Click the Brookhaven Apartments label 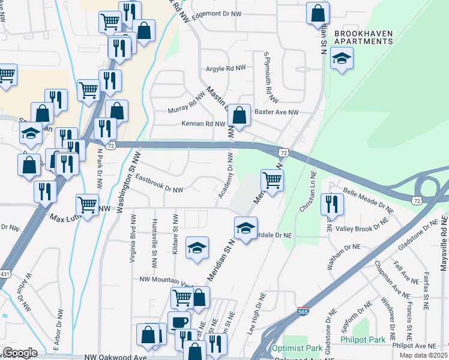click(x=363, y=37)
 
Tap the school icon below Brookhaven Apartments click(x=342, y=58)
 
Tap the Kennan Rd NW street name click(x=203, y=124)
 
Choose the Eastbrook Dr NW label click(x=159, y=184)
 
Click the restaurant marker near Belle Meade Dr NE click(x=331, y=204)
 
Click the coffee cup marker click(x=179, y=322)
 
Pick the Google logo click(x=19, y=353)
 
